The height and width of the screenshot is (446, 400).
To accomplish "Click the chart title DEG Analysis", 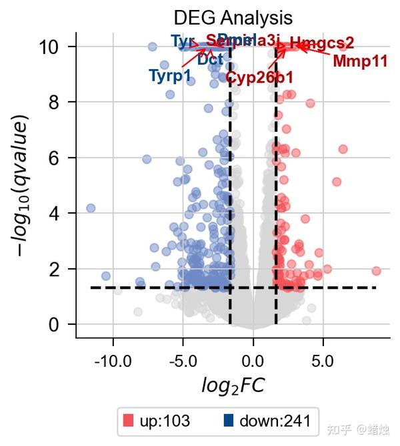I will tap(233, 17).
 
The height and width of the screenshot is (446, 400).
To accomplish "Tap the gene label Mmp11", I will tap(360, 62).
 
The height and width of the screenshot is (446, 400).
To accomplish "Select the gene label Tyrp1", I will tap(170, 75).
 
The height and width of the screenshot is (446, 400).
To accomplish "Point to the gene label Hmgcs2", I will tap(322, 43).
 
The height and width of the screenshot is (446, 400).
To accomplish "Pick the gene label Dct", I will tap(210, 59).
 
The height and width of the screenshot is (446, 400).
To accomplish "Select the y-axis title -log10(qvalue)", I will tap(23, 186).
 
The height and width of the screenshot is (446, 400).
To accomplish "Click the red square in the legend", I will tap(129, 421).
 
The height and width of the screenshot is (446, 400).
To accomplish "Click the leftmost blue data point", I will tap(91, 208).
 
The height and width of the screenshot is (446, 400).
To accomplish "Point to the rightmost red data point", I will tap(376, 271).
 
